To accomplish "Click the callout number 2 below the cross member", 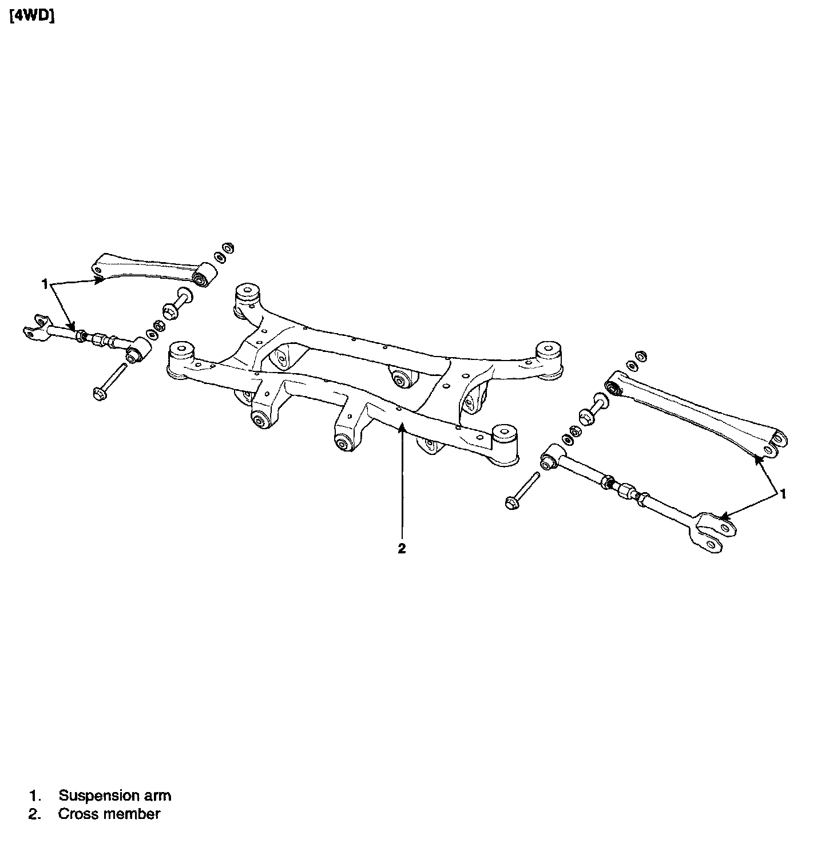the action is (x=402, y=548).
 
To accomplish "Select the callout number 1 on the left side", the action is (x=44, y=283).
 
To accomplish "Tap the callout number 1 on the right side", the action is (x=783, y=493).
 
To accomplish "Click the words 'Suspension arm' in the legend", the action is (x=115, y=795).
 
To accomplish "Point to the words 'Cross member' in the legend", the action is (x=109, y=814).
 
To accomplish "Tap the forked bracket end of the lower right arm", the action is (x=711, y=532).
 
